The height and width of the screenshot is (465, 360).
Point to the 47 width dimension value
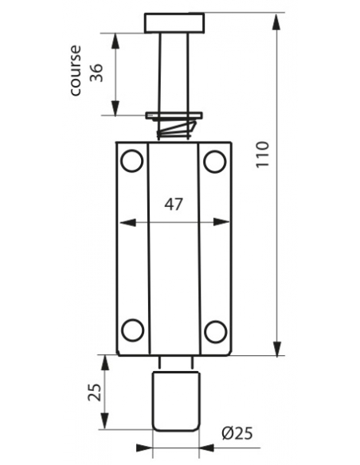pyautogui.click(x=173, y=204)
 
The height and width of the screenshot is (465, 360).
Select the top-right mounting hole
pyautogui.click(x=213, y=162)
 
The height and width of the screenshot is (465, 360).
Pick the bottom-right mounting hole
pyautogui.click(x=213, y=330)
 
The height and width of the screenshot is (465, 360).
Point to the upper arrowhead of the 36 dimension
pyautogui.click(x=117, y=39)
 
